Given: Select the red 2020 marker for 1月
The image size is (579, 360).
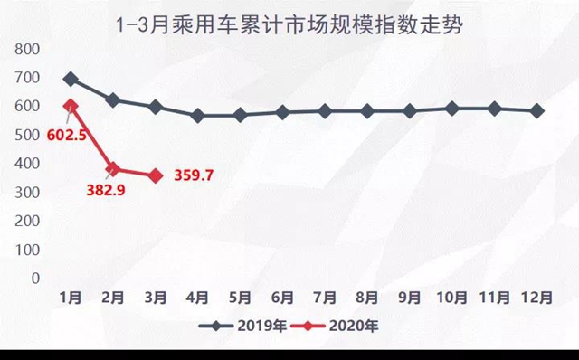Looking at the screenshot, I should coord(71,107).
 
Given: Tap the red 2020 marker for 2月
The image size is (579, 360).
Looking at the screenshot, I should coord(113,169).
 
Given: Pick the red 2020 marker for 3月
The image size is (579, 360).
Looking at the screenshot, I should coord(156,175).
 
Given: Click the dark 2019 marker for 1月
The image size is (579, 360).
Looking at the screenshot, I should coord(71,80).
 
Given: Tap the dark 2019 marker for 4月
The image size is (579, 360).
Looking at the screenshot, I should coord(198,116).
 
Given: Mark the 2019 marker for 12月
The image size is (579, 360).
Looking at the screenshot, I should coord(537,110).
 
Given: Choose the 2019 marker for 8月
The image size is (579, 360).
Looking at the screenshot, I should coord(367,111).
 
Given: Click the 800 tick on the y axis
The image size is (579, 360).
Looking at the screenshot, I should coord(28,48).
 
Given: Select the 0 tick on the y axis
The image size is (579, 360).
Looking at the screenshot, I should coord(35,278).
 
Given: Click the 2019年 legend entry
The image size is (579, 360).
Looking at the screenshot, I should coord(243,327).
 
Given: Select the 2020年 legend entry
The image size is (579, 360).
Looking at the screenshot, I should coord(340,327).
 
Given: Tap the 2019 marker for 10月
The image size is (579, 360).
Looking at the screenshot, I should coord(452,109).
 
